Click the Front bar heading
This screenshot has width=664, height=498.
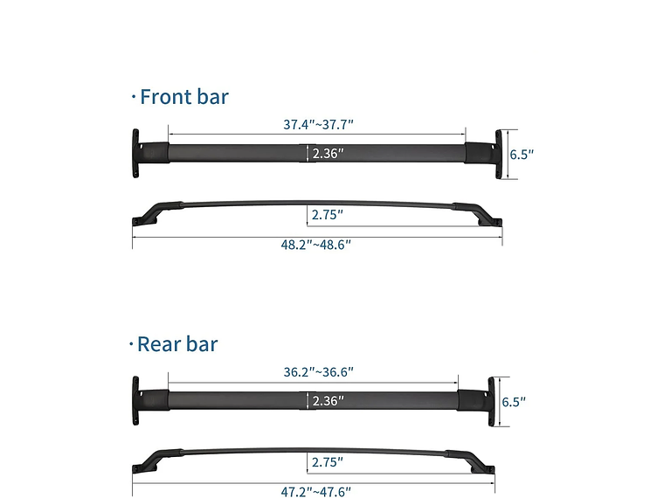[x=183, y=96]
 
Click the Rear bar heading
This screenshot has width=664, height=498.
[x=177, y=343]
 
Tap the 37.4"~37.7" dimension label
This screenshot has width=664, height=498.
[x=317, y=124]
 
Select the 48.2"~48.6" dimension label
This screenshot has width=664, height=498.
[x=315, y=245]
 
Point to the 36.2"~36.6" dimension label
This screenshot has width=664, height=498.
[x=318, y=371]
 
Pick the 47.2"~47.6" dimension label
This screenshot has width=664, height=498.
[x=315, y=492]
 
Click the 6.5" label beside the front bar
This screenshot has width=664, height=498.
[x=522, y=155]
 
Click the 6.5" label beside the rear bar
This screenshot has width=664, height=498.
[x=513, y=402]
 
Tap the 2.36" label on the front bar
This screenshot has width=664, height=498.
[x=329, y=154]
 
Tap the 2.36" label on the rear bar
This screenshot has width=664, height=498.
[x=329, y=401]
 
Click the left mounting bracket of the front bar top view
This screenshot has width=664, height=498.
[x=139, y=155]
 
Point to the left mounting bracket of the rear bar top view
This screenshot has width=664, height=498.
[x=139, y=402]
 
